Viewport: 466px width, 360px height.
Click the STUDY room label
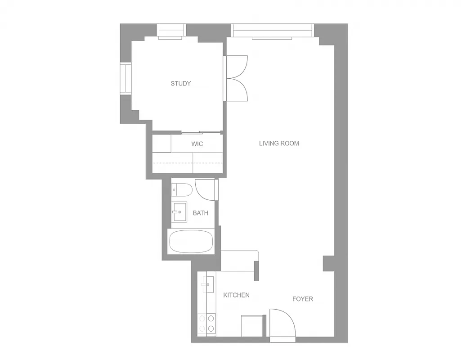(180, 83)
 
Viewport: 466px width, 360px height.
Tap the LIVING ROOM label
(279, 144)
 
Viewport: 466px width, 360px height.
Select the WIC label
(197, 144)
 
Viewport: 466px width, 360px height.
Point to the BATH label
(200, 213)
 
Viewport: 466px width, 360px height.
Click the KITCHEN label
(236, 295)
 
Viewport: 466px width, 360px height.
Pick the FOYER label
(302, 299)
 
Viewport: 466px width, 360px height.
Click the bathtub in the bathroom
(191, 242)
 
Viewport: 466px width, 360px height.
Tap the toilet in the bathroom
(182, 190)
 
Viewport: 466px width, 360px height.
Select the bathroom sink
(179, 211)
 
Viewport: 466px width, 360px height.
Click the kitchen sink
(208, 284)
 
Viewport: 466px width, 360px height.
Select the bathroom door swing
(205, 189)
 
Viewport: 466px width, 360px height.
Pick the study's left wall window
(125, 79)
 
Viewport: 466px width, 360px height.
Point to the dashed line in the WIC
(188, 163)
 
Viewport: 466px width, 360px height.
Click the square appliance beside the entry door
(251, 325)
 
